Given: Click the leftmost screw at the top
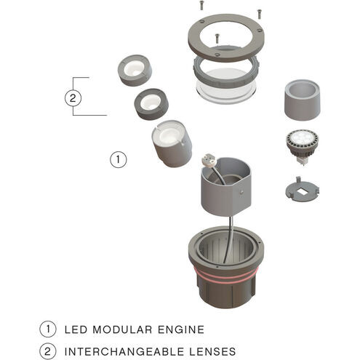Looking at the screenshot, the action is pos(201,5).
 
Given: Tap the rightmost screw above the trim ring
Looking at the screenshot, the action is pos(259,14).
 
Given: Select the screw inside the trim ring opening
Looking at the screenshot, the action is pos(217,39).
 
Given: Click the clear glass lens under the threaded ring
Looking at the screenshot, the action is pos(226,92).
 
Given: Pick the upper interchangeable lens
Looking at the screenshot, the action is pos(135,70).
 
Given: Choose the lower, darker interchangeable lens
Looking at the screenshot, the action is pos(151,104).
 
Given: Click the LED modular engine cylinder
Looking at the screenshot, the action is pos(172,143).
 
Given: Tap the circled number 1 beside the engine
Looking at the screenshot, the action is pos(119,159).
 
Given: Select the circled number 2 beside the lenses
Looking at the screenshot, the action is pos(73,98).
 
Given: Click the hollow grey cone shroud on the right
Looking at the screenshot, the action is pos(302,100).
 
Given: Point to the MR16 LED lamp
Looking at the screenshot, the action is pos(302,146).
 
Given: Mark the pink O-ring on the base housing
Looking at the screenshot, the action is pos(225,276).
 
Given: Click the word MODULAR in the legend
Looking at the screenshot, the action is pos(122,329).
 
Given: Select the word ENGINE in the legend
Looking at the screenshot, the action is pos(181,329).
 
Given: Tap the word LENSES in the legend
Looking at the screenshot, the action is pos(212,351).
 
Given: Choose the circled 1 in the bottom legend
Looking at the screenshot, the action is pos(48,329).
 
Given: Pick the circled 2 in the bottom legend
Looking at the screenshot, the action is pos(48,351).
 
